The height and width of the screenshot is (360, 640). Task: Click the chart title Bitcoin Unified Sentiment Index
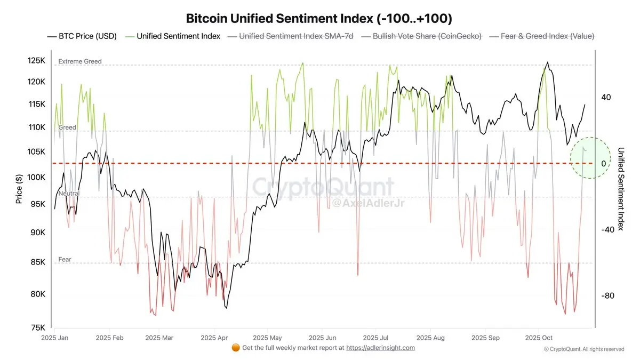pyautogui.click(x=319, y=18)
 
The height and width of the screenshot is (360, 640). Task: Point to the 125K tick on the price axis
pyautogui.click(x=36, y=60)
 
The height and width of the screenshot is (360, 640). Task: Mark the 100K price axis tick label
pyautogui.click(x=36, y=177)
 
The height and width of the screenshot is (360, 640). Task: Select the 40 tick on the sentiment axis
pyautogui.click(x=606, y=98)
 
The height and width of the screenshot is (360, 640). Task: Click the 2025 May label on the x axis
pyautogui.click(x=267, y=338)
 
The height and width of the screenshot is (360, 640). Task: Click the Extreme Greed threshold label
pyautogui.click(x=79, y=62)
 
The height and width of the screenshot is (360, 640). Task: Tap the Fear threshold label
pyautogui.click(x=65, y=260)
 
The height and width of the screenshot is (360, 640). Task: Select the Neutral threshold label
pyautogui.click(x=69, y=194)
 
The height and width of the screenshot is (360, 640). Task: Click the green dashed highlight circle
pyautogui.click(x=589, y=158)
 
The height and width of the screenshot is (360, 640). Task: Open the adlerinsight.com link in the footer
pyautogui.click(x=380, y=348)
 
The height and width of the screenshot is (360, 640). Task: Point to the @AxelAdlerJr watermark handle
pyautogui.click(x=363, y=203)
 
